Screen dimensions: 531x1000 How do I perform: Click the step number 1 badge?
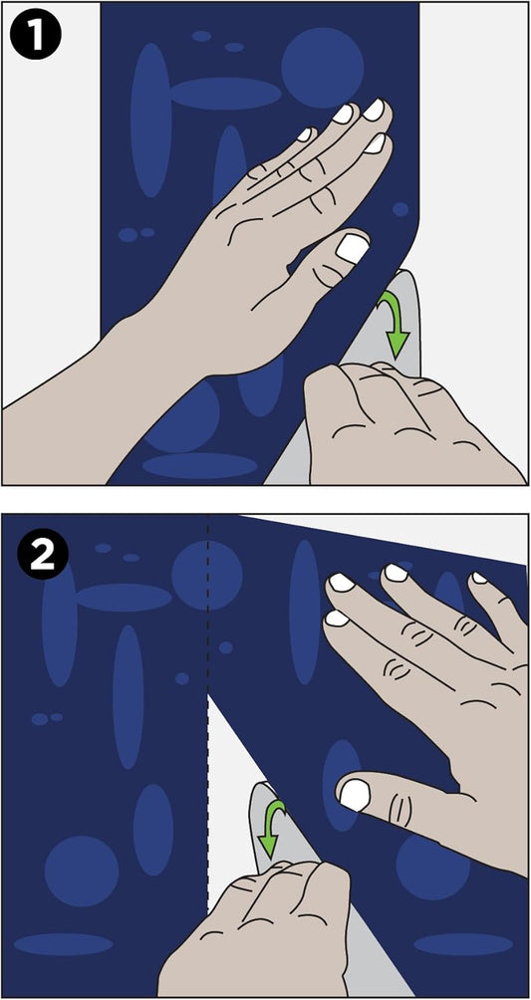tap(35, 37)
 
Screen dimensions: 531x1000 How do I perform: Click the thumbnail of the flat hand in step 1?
tap(353, 247)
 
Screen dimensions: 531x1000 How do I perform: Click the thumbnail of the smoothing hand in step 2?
tap(355, 795)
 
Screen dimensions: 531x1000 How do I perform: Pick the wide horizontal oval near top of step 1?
tap(225, 93)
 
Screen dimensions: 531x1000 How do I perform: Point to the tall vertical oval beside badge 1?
tap(150, 120)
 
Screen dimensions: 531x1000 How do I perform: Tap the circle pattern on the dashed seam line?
tap(207, 576)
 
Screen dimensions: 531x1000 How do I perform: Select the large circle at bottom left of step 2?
tap(82, 872)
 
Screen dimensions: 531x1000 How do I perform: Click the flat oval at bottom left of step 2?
tap(63, 944)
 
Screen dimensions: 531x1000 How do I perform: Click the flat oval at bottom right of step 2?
tap(463, 944)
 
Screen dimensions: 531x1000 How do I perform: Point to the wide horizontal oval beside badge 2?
tap(124, 598)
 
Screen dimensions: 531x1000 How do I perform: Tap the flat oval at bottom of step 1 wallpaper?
tap(200, 465)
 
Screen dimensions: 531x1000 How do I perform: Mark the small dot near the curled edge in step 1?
tap(400, 209)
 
